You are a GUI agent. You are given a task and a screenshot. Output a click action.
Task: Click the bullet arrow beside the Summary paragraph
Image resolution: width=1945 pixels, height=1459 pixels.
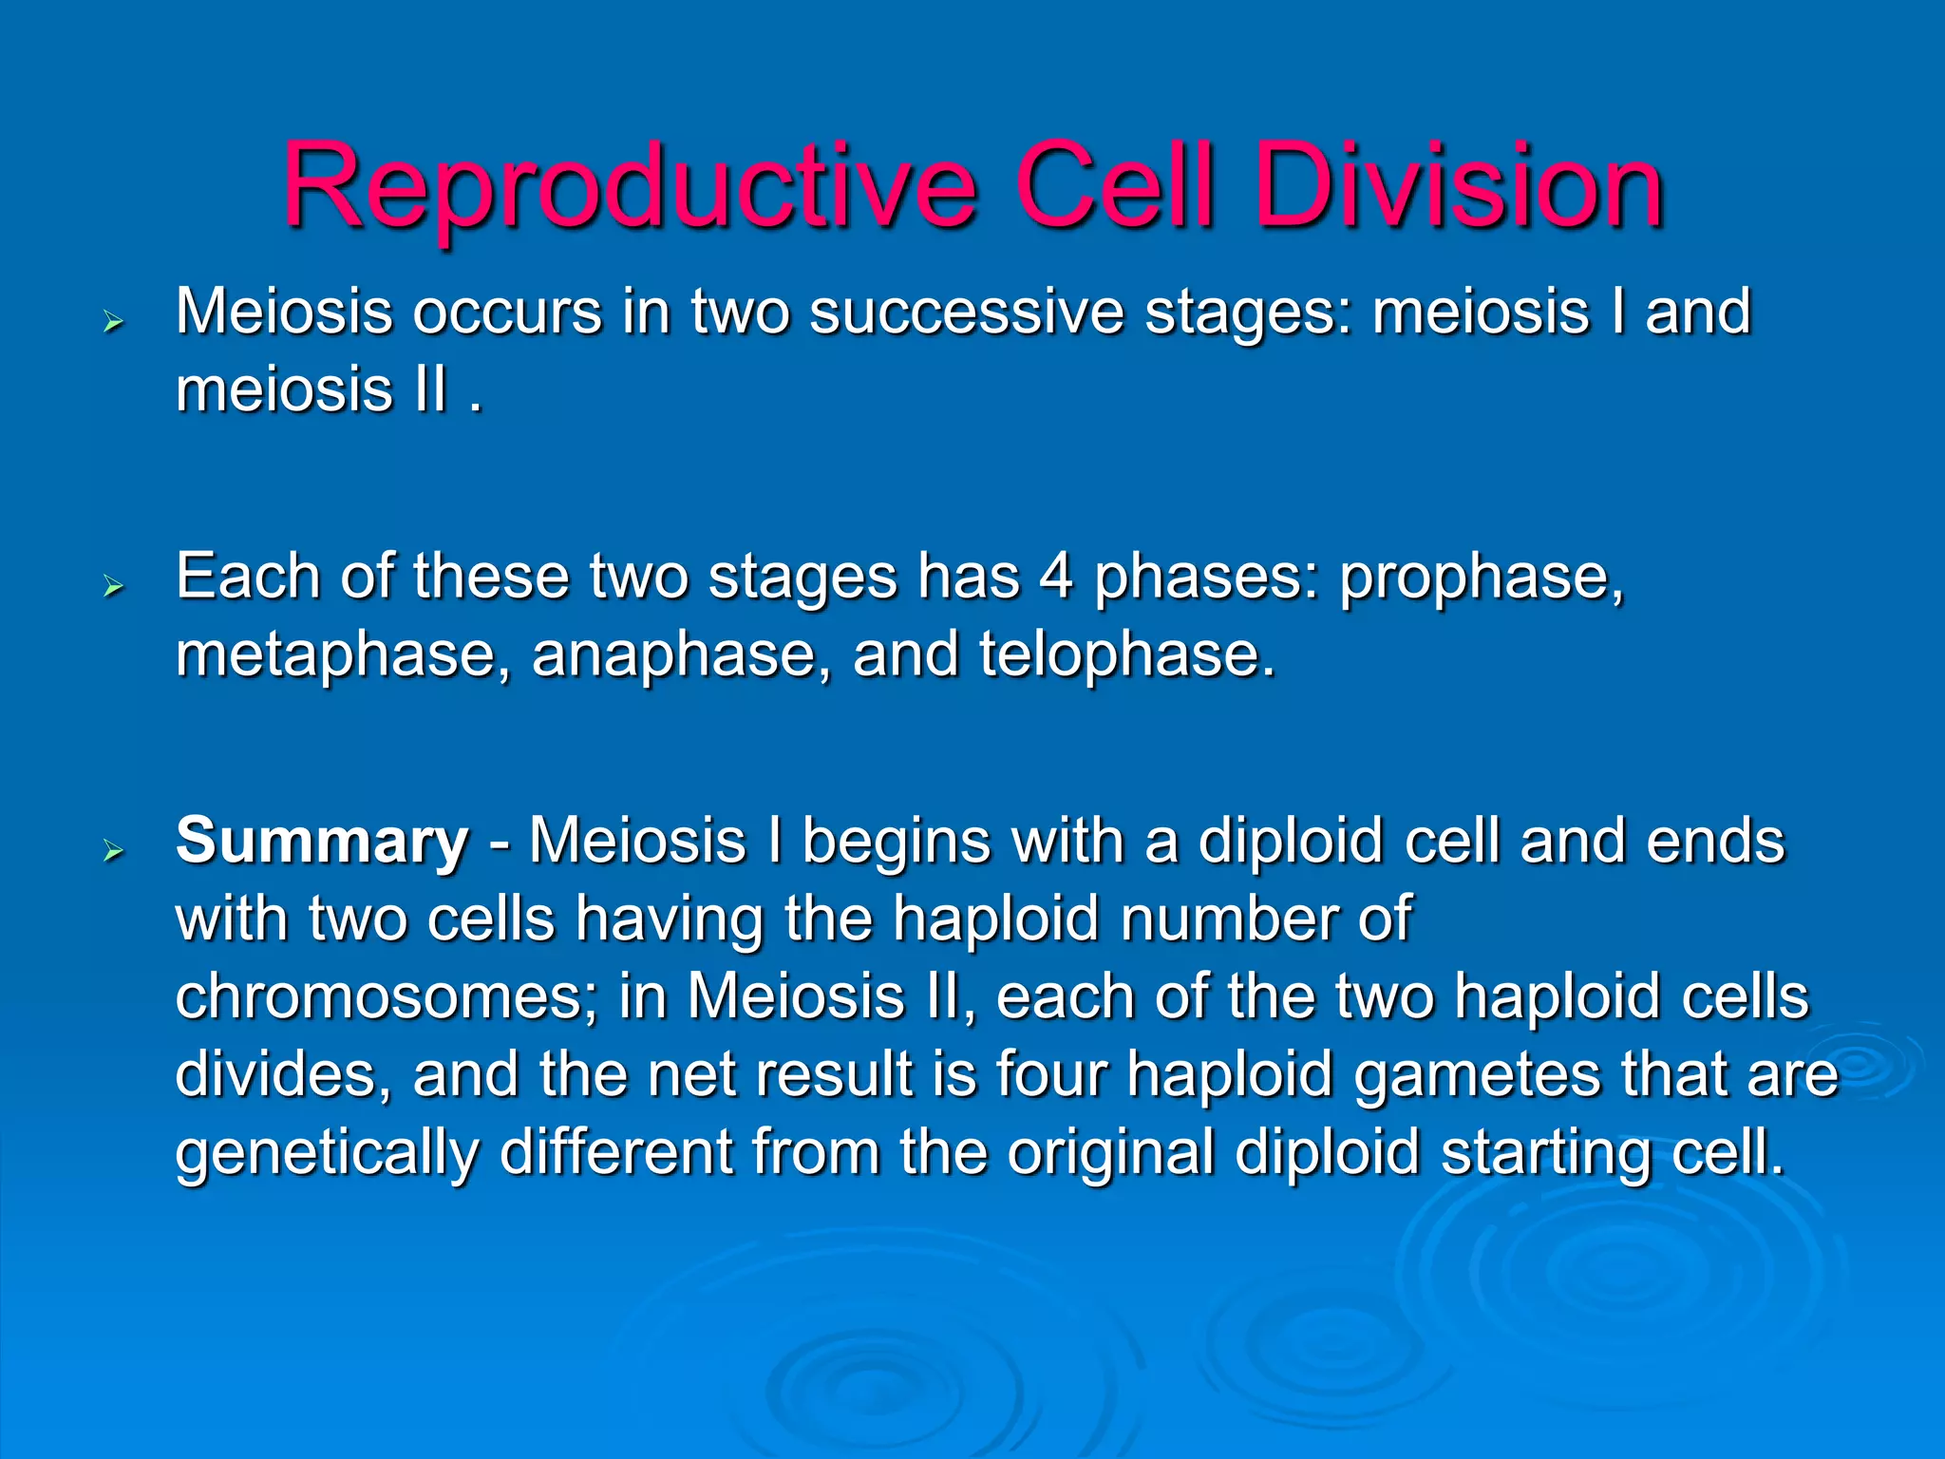[114, 851]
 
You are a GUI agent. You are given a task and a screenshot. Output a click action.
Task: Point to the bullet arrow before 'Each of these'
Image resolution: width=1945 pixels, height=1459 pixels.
[114, 587]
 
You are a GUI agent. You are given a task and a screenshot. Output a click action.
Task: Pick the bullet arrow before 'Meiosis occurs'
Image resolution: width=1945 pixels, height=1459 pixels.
[114, 323]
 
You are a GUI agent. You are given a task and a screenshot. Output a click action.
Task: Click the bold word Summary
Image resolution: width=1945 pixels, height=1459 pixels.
[322, 842]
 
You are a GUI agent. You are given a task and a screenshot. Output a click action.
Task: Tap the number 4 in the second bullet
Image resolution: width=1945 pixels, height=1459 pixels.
[1056, 577]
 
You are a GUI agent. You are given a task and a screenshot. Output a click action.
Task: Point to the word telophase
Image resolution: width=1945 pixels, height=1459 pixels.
[1126, 655]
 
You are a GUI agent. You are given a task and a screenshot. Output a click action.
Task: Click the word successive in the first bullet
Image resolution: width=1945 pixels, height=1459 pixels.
[966, 313]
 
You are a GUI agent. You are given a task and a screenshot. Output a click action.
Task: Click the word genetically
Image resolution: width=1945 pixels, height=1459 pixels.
[327, 1153]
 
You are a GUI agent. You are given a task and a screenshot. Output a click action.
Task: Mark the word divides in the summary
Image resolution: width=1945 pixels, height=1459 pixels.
[282, 1074]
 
